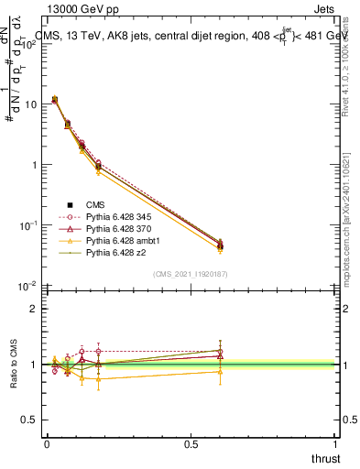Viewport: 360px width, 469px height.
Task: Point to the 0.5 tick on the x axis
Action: [191, 444]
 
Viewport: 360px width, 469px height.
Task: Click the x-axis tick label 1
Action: [335, 444]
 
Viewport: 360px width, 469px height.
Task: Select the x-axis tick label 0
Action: [47, 444]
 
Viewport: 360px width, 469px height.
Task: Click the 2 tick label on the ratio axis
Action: [34, 309]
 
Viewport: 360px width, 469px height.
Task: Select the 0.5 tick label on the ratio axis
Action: [30, 420]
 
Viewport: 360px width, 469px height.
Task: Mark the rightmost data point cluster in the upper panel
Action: [219, 245]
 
